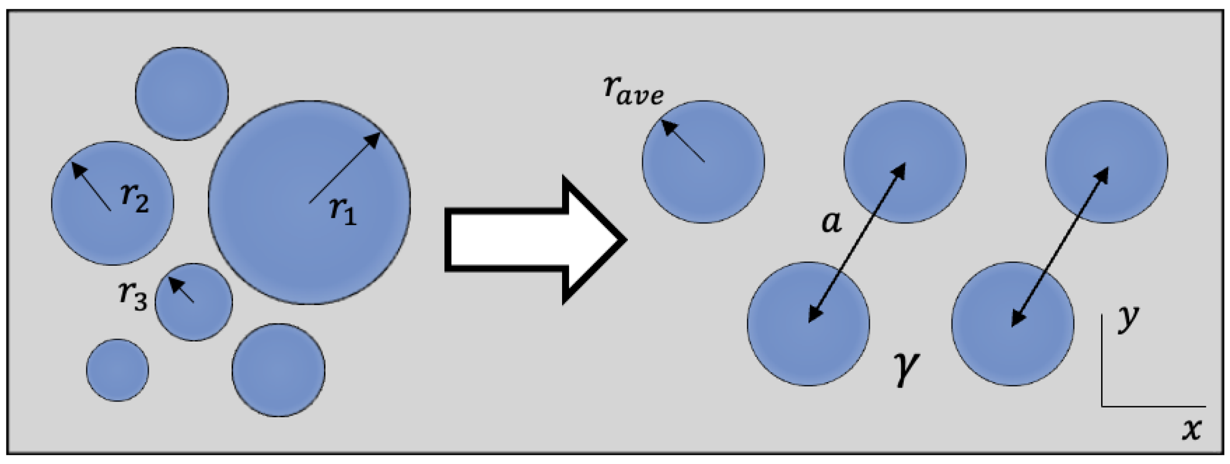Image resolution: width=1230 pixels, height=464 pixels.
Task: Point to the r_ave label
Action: pyautogui.click(x=633, y=91)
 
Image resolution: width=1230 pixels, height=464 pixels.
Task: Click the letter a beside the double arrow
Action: pyautogui.click(x=831, y=222)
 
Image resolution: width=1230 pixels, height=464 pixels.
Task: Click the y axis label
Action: pyautogui.click(x=1128, y=319)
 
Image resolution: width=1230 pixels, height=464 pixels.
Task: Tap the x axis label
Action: pyautogui.click(x=1191, y=429)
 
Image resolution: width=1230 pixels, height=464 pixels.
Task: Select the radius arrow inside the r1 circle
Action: pyautogui.click(x=345, y=167)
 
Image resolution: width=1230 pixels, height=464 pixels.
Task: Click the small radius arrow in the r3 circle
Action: pyautogui.click(x=182, y=289)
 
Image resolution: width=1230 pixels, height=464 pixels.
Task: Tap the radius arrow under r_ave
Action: pyautogui.click(x=683, y=141)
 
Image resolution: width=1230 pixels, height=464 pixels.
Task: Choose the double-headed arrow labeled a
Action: pyautogui.click(x=857, y=242)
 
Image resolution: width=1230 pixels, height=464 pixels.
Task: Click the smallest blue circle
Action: pyautogui.click(x=117, y=370)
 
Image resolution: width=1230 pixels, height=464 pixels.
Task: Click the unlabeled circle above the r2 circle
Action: pyautogui.click(x=182, y=93)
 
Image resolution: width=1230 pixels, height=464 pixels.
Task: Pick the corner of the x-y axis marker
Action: pyautogui.click(x=1102, y=406)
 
